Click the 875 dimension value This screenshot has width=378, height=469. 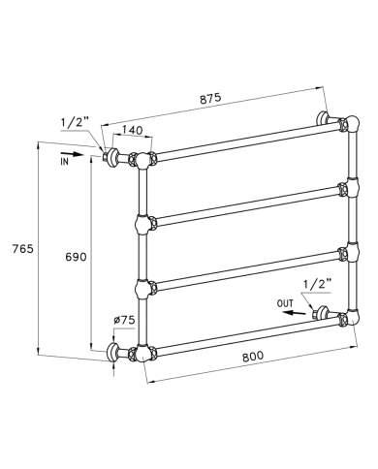(x=210, y=98)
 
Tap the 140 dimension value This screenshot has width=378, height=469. (x=132, y=130)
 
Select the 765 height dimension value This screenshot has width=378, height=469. (x=23, y=249)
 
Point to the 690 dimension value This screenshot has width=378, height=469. (x=76, y=257)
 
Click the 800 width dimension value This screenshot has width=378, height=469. (x=253, y=356)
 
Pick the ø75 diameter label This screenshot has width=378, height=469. (x=124, y=320)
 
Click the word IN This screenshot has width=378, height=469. (x=64, y=162)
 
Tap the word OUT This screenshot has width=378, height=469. (x=285, y=303)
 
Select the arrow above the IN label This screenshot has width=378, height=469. (x=72, y=154)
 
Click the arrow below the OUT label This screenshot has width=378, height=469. (x=295, y=312)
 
